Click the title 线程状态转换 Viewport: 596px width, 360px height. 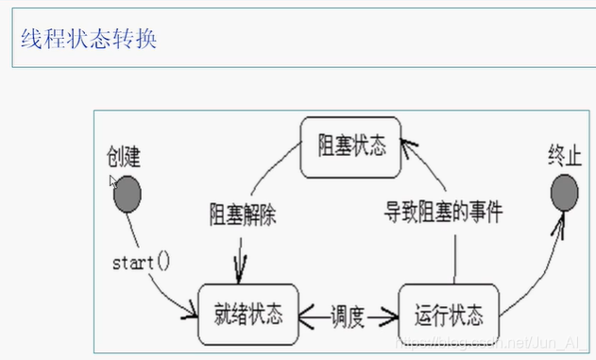coord(89,39)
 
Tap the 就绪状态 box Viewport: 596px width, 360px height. coord(248,313)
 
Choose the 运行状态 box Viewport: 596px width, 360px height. coord(448,313)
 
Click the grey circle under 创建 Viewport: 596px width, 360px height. coord(128,196)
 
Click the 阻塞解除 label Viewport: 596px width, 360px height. coord(237,212)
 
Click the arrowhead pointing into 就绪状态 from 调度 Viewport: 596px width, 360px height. coord(308,313)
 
